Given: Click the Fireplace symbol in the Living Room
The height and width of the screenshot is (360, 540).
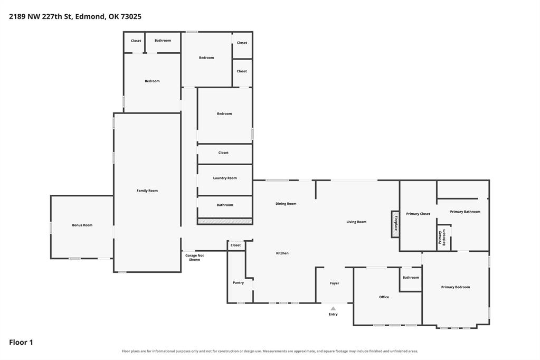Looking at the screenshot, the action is (x=395, y=224).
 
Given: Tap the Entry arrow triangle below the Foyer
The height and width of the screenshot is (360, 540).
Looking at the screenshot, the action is (x=333, y=308).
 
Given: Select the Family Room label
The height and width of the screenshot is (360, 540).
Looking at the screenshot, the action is (x=147, y=191).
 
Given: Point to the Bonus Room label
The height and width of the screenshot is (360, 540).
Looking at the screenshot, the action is (x=82, y=225).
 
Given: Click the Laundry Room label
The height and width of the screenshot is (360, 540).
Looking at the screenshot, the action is (x=225, y=178).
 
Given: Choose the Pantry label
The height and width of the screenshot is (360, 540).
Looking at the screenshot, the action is (x=238, y=282).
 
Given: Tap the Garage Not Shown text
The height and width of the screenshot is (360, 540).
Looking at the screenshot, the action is (x=195, y=258).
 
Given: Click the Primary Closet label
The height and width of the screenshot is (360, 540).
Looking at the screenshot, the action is (x=418, y=214).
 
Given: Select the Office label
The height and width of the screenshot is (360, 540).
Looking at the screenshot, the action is (x=384, y=297).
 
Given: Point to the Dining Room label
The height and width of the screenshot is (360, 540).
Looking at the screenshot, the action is (x=286, y=204).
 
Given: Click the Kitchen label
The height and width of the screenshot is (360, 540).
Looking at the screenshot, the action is (x=282, y=253).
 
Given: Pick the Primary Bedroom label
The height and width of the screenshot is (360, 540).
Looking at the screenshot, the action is (x=456, y=287).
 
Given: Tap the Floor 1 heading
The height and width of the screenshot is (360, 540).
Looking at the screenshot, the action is (x=21, y=342).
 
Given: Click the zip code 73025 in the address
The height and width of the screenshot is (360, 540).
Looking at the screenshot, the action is (x=131, y=16).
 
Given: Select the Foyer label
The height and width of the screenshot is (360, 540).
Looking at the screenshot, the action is (x=335, y=283).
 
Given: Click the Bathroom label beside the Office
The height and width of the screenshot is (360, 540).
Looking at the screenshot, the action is (x=411, y=277).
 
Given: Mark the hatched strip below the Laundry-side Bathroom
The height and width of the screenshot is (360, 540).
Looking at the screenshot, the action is (x=225, y=221).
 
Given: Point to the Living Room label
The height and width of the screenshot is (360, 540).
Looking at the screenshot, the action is (x=356, y=222).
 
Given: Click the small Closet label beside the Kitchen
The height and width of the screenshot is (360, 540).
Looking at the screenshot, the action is (x=235, y=245).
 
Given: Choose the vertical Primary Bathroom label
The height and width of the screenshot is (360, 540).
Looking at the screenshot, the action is (x=442, y=237).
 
